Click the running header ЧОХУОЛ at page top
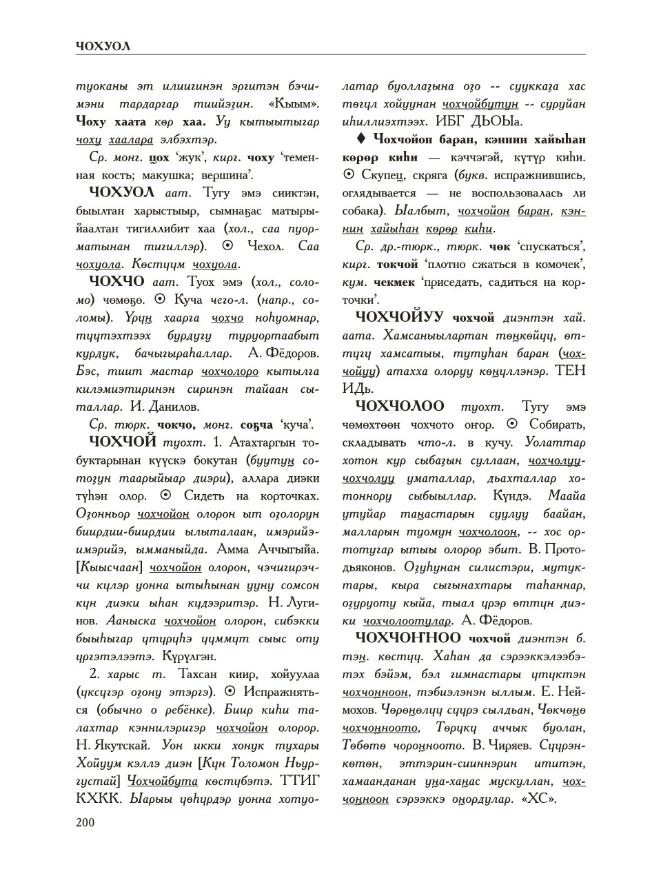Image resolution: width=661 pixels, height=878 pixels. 103,46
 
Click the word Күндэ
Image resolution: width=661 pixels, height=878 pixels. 512,496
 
